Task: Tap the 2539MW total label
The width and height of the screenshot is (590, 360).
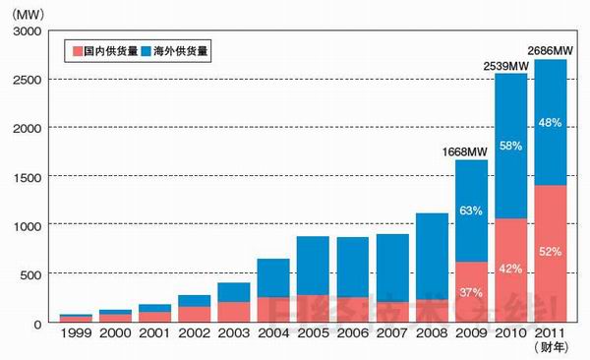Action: coord(506,66)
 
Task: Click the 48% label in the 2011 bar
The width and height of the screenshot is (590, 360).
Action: coord(551,123)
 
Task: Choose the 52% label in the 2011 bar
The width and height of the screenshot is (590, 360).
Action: coord(551,253)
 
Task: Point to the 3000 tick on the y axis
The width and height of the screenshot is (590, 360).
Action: coord(28,31)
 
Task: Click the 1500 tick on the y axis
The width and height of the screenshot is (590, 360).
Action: coord(28,177)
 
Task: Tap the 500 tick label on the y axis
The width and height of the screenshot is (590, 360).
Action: coord(31,273)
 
